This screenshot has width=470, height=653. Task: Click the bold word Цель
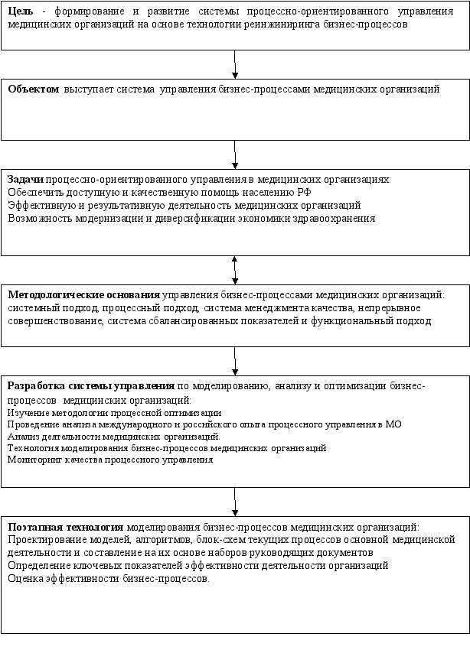tap(19, 11)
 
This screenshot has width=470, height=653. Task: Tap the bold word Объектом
tap(33, 89)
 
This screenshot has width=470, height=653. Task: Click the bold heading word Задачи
tap(25, 179)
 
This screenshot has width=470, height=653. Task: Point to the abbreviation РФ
tap(303, 192)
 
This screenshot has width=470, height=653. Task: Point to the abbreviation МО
tap(393, 424)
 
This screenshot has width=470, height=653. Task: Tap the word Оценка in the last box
tap(25, 578)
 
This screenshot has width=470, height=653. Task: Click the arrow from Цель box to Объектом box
tap(234, 64)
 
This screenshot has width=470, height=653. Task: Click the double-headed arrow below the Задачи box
tap(234, 269)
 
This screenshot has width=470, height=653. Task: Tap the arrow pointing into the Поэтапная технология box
tap(234, 502)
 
